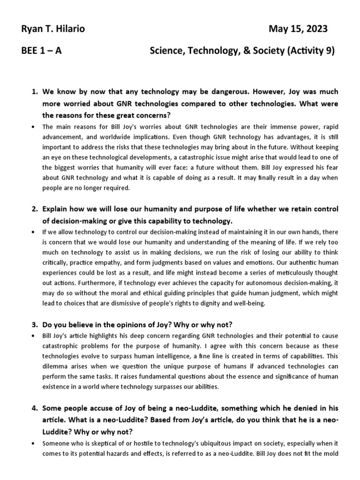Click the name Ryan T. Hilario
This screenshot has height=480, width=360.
pyautogui.click(x=52, y=30)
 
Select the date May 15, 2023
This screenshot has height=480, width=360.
pyautogui.click(x=298, y=30)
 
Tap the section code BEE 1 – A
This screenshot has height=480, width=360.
pyautogui.click(x=41, y=51)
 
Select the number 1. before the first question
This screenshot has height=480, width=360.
pyautogui.click(x=34, y=91)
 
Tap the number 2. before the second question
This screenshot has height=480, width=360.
pyautogui.click(x=34, y=209)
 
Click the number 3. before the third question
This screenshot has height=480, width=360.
pyautogui.click(x=34, y=325)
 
